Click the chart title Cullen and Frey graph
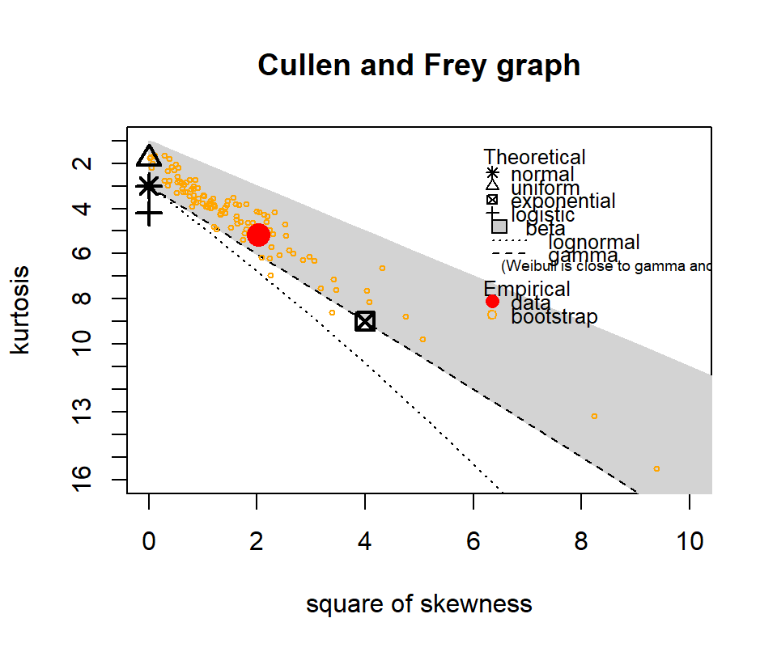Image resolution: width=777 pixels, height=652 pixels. pyautogui.click(x=418, y=65)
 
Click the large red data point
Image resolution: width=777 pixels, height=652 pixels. pyautogui.click(x=258, y=235)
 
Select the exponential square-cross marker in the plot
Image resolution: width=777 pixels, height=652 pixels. pyautogui.click(x=365, y=321)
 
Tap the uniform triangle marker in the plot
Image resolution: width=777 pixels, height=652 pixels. pyautogui.click(x=149, y=156)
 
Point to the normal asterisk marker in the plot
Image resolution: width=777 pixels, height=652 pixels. pyautogui.click(x=149, y=186)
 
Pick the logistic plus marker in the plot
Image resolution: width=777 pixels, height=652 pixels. pyautogui.click(x=149, y=214)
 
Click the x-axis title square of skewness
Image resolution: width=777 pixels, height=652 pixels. pyautogui.click(x=418, y=604)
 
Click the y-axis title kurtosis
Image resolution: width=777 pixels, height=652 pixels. pyautogui.click(x=22, y=310)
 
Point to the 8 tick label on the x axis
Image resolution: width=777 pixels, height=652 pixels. pyautogui.click(x=581, y=542)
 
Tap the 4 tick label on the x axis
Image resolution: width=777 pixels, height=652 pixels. pyautogui.click(x=365, y=542)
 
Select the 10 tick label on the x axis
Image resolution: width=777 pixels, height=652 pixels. pyautogui.click(x=690, y=542)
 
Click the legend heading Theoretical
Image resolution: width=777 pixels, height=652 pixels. pyautogui.click(x=534, y=157)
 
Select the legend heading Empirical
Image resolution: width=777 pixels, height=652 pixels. pyautogui.click(x=526, y=289)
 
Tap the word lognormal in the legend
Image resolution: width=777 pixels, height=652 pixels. pyautogui.click(x=593, y=242)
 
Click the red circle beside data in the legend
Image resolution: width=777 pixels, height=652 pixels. pyautogui.click(x=492, y=302)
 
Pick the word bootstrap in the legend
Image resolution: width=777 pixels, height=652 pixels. pyautogui.click(x=554, y=316)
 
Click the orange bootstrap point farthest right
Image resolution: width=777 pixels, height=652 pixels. pyautogui.click(x=656, y=468)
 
